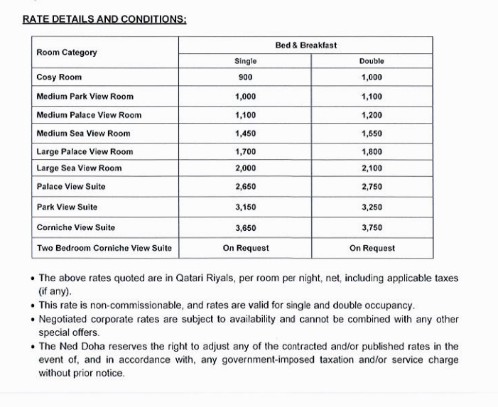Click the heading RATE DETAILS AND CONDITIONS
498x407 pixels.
click(104, 19)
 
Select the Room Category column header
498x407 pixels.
click(67, 53)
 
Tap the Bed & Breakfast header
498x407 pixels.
click(305, 45)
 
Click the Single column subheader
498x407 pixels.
click(245, 62)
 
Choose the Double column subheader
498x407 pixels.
click(372, 62)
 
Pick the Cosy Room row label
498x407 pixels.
click(59, 77)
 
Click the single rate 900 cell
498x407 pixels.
click(245, 77)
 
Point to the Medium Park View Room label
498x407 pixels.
click(85, 97)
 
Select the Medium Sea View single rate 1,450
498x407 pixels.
click(245, 134)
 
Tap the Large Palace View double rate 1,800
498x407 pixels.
click(372, 152)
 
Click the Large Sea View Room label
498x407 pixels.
click(79, 168)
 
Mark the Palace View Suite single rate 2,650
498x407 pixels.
click(245, 187)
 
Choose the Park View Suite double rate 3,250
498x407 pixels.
click(372, 207)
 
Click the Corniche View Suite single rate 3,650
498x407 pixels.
click(245, 228)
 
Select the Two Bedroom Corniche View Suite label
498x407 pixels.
click(104, 249)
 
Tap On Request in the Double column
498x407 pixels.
click(372, 249)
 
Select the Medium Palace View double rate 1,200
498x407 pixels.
click(372, 115)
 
